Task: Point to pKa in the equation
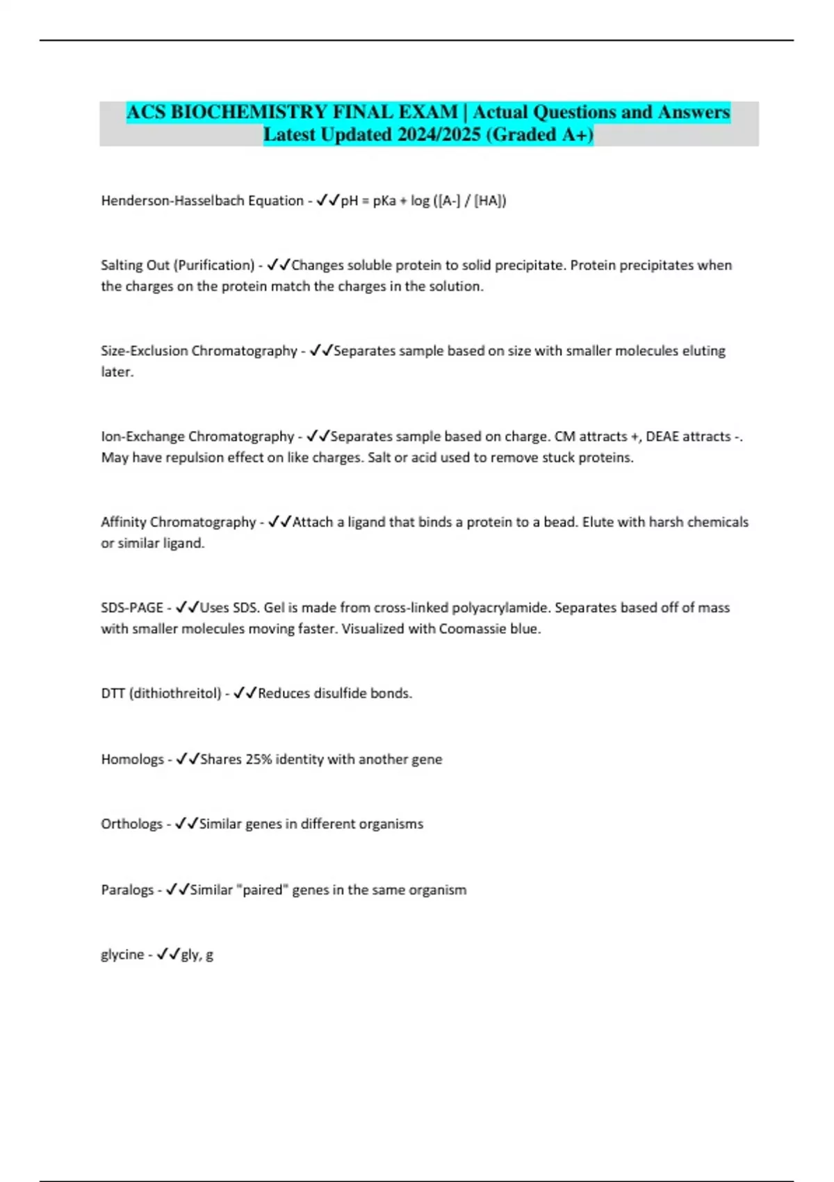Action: click(384, 201)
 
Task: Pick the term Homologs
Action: click(132, 759)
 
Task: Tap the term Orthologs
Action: click(131, 824)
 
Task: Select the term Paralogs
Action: click(127, 890)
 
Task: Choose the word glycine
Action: click(122, 955)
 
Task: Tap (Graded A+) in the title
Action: click(539, 134)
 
